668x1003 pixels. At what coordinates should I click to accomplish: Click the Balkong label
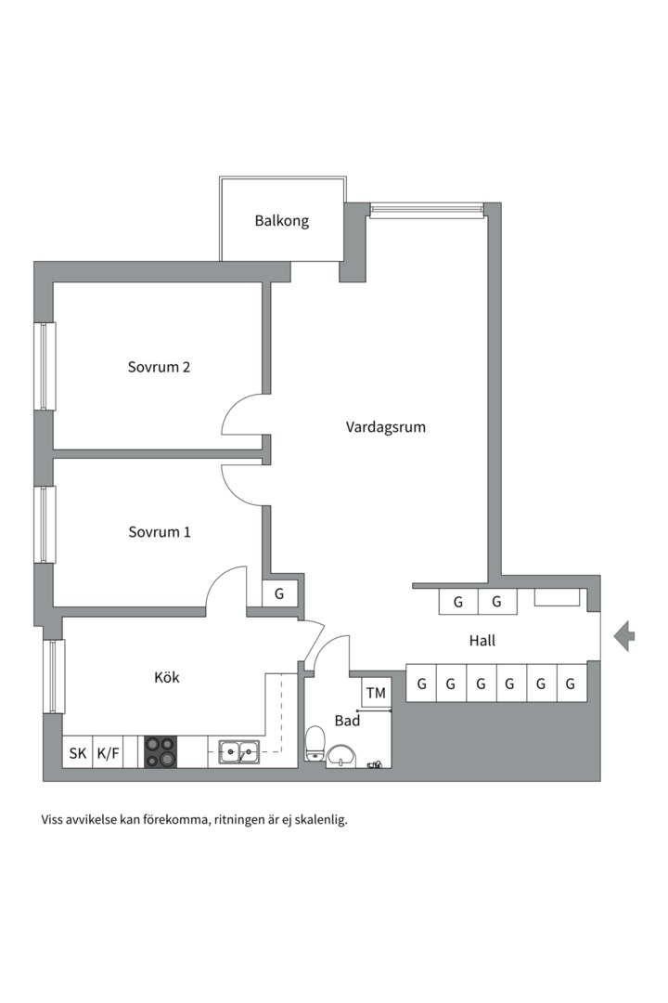[x=281, y=221]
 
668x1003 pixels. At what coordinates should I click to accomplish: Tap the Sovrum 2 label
[x=159, y=367]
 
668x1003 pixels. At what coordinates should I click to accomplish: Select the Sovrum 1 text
[x=159, y=532]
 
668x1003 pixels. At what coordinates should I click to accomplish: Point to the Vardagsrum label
[x=385, y=427]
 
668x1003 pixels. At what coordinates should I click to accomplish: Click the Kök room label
[x=167, y=677]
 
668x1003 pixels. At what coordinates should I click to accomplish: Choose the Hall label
[x=482, y=640]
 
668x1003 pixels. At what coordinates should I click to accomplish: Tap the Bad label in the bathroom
[x=347, y=720]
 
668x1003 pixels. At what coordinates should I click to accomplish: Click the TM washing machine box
[x=376, y=693]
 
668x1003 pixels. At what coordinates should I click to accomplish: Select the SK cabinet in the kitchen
[x=77, y=753]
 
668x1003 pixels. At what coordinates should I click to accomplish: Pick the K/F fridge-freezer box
[x=108, y=753]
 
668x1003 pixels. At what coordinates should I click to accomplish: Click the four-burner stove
[x=161, y=751]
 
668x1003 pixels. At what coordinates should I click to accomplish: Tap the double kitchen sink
[x=239, y=751]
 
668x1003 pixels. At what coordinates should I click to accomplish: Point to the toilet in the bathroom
[x=315, y=742]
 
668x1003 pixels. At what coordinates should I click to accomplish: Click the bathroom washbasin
[x=343, y=755]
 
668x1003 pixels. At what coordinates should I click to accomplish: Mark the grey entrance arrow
[x=624, y=635]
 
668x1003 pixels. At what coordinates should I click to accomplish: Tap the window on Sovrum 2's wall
[x=44, y=366]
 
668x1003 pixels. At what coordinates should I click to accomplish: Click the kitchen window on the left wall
[x=54, y=676]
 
